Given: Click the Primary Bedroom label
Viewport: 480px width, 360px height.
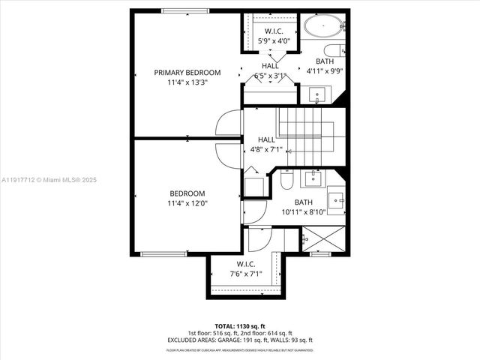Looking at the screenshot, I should coord(187,73).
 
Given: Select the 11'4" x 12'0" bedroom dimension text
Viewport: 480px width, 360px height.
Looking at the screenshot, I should coord(187,202).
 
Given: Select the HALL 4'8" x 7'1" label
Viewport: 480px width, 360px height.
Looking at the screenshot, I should coord(266,145).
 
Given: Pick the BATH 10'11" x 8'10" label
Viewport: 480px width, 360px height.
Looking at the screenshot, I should coord(303,207).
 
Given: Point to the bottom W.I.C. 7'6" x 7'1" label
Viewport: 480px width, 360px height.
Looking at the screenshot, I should coord(245,268).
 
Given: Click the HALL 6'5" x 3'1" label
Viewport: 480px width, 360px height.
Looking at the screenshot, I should coord(271,70).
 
